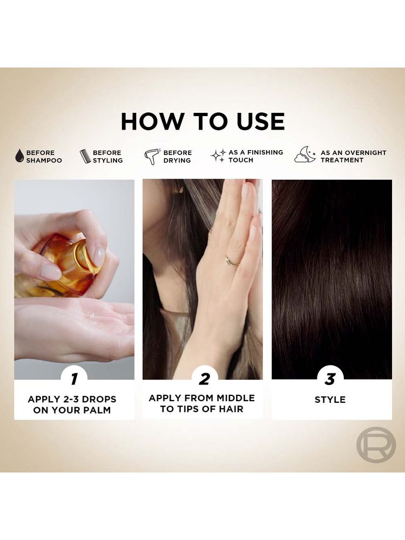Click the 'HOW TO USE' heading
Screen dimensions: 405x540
point(202,121)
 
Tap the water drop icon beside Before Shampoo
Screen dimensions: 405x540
point(19,156)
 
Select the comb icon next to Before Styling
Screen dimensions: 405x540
point(85,157)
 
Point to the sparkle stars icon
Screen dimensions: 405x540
point(218,156)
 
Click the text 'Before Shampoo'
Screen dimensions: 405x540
point(44,157)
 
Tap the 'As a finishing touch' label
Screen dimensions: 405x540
point(255,156)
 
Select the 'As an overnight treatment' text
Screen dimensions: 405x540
point(353,156)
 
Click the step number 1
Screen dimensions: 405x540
point(74,379)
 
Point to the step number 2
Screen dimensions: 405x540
point(204,379)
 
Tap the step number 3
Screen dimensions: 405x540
point(330,379)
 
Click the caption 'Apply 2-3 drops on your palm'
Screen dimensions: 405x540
point(72,404)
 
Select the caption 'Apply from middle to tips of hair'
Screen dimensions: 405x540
point(202,403)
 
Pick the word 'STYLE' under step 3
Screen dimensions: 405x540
point(330,400)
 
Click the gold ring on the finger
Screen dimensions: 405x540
point(232,261)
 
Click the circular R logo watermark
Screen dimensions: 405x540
point(376,444)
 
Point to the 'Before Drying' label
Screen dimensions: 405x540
point(177,157)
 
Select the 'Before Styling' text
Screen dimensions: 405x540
point(107,157)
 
